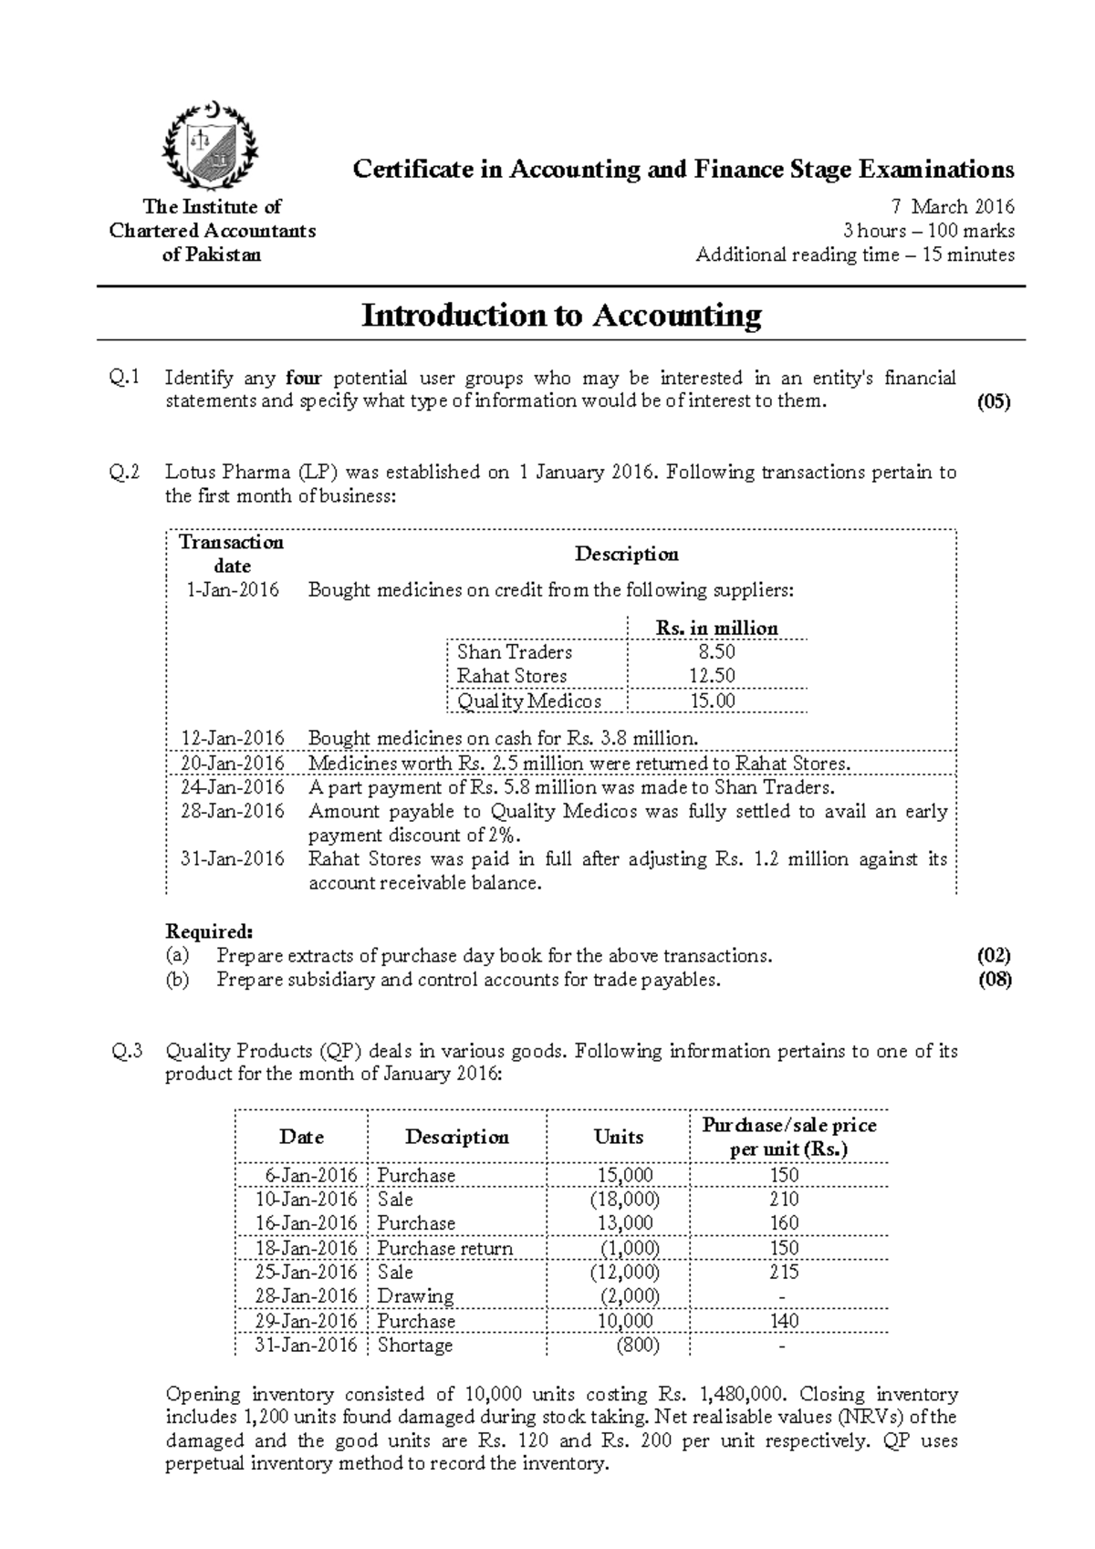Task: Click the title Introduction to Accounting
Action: point(561,316)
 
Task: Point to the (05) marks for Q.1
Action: point(994,401)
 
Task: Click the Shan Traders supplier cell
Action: point(515,652)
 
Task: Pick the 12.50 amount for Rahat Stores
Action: point(716,676)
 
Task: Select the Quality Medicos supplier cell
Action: point(529,701)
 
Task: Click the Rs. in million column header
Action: point(716,628)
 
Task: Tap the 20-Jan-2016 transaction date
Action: point(233,764)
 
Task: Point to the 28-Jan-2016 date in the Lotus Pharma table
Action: point(233,811)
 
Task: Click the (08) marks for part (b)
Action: point(994,981)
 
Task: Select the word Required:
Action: point(209,931)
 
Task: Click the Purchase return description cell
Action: point(445,1248)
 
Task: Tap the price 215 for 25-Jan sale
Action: point(784,1272)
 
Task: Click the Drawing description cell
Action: point(415,1296)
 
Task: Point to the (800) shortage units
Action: point(638,1345)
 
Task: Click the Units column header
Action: point(619,1137)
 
